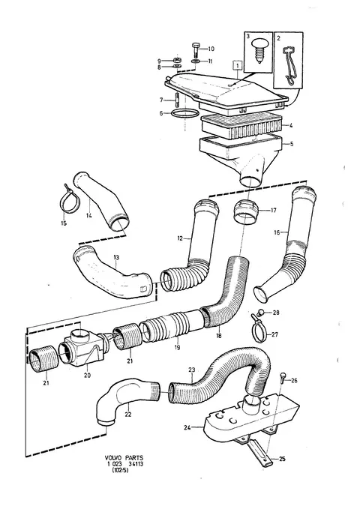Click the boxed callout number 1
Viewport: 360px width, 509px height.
click(x=238, y=65)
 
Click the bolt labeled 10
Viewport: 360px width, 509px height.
click(x=196, y=49)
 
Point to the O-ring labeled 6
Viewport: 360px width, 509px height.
click(x=184, y=114)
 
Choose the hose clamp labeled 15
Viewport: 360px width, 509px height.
click(x=69, y=202)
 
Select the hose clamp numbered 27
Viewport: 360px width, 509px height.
click(x=260, y=331)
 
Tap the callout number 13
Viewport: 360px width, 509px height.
click(x=116, y=257)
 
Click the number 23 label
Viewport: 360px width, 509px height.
click(x=192, y=370)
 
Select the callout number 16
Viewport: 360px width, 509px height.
click(x=277, y=232)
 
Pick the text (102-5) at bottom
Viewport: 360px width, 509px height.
click(x=120, y=470)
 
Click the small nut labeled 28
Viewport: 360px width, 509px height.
click(x=260, y=313)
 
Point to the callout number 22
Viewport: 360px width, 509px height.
click(x=128, y=415)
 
